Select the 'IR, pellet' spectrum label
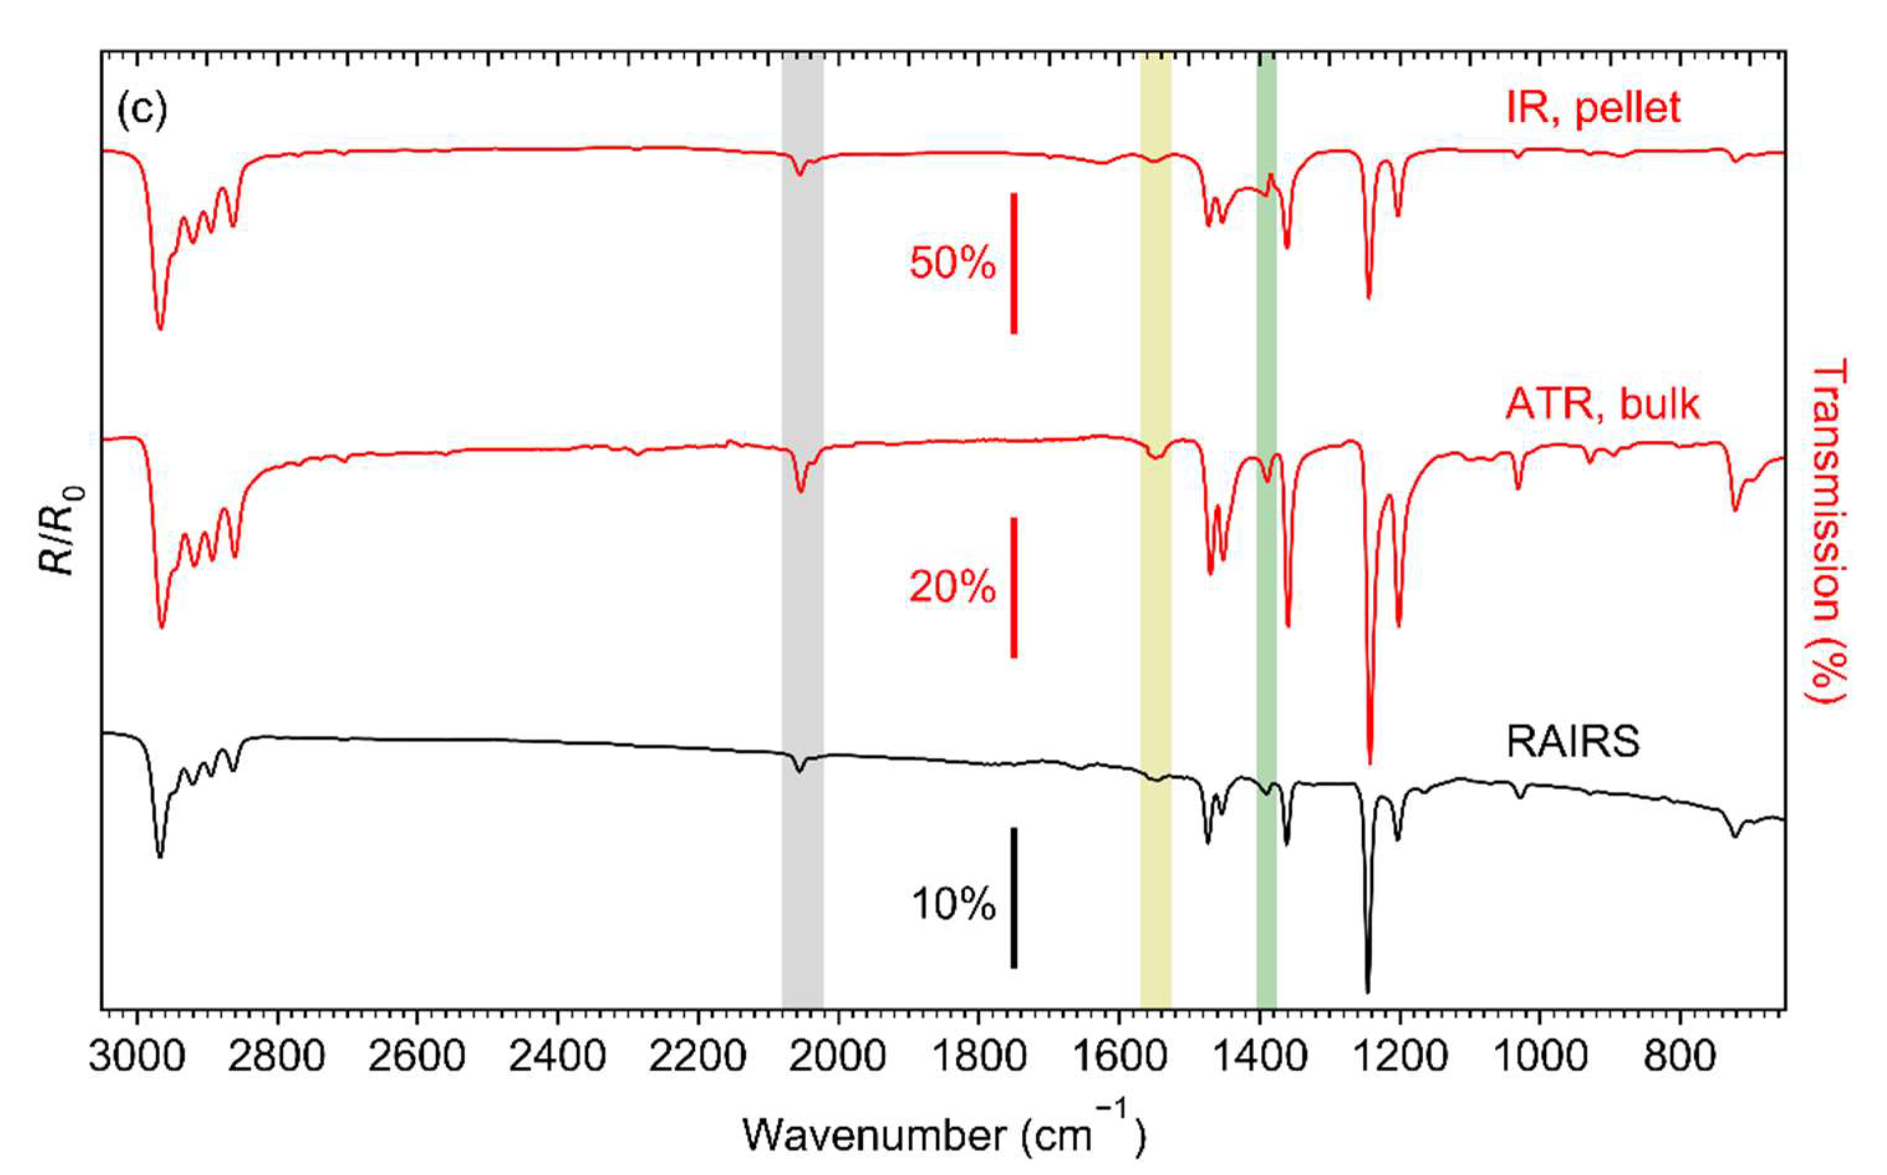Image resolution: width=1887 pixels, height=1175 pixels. point(1593,107)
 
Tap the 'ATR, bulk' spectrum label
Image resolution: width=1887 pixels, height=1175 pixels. point(1602,403)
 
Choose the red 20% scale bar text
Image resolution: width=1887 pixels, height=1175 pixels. point(953,587)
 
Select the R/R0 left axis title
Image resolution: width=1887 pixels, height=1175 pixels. point(60,531)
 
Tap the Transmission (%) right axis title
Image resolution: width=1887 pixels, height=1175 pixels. point(1827,531)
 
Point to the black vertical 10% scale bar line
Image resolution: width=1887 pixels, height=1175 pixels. point(1014,898)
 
